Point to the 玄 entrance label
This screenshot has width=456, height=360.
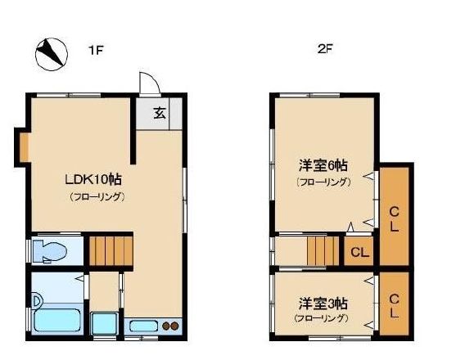click(x=160, y=113)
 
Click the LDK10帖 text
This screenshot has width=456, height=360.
click(x=94, y=179)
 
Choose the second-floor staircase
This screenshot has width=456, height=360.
click(x=323, y=250)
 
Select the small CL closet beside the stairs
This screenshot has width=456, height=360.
click(x=359, y=251)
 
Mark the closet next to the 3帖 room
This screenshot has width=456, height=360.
click(x=394, y=304)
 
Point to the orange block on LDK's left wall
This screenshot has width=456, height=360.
click(x=25, y=146)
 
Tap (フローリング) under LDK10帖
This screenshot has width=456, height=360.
click(x=96, y=196)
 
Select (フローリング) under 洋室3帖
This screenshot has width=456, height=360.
click(x=322, y=317)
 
